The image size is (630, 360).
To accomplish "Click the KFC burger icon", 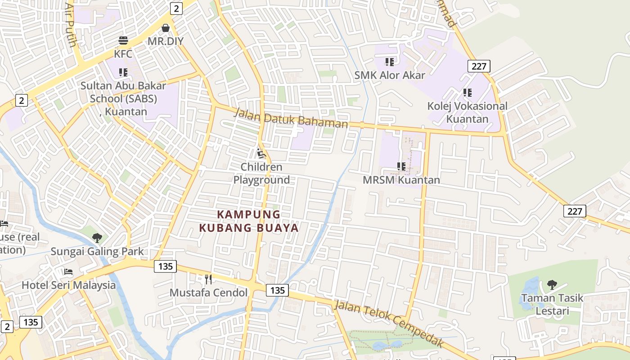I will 123,41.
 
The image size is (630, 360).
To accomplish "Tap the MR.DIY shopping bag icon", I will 166,28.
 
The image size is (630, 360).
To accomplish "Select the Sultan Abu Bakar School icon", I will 123,72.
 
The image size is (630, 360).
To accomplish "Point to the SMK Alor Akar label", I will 390,75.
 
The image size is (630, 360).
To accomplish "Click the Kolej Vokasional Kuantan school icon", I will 468,93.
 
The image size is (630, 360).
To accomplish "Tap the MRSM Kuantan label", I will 401,180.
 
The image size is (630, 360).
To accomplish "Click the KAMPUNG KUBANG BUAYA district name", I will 249,221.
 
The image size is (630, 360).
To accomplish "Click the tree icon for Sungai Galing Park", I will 97,238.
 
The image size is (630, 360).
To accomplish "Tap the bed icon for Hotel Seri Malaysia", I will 68,272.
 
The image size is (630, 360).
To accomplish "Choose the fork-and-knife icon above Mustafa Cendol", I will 208,279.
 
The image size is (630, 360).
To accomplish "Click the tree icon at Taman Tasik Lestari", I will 552,284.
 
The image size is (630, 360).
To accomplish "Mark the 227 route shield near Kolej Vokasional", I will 479,66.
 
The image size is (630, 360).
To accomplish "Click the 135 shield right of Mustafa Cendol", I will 277,290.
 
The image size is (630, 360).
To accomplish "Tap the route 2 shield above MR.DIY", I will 176,8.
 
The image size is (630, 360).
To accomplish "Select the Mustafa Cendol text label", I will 208,292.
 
